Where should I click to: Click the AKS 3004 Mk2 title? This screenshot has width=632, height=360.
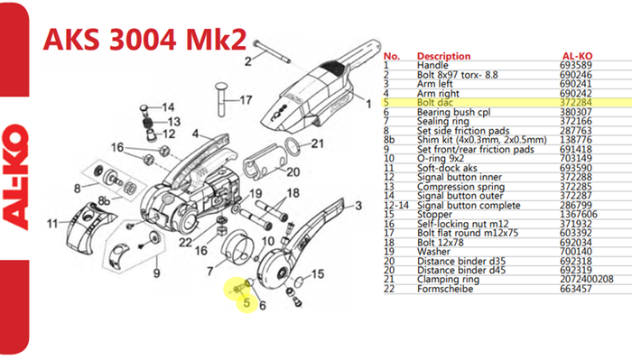pos(144,39)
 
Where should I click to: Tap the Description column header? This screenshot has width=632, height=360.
pos(443,56)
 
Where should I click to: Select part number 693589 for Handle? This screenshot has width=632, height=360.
pos(576,65)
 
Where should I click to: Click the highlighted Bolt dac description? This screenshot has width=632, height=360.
pos(434,103)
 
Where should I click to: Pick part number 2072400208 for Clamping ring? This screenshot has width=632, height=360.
pos(587,280)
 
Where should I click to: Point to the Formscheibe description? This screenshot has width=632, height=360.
pos(445,289)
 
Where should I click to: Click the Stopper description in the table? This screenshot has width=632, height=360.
pos(434,215)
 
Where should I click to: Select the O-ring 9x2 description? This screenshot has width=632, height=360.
pos(441,159)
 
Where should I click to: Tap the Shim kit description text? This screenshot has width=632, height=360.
pos(481,140)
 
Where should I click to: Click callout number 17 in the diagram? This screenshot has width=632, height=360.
pos(246,99)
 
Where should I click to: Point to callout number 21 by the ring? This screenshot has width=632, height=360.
pos(317,143)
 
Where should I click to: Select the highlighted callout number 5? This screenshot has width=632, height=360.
pos(246,302)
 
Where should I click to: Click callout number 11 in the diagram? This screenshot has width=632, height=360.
pos(52,223)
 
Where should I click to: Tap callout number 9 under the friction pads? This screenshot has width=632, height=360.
pos(156,273)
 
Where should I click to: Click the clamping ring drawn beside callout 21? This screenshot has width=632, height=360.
pos(293,147)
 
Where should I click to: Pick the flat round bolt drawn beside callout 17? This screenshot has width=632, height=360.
pos(222,99)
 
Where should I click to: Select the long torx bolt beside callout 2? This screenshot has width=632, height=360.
pos(272,51)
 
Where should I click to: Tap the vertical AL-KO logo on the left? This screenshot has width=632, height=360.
pos(15,177)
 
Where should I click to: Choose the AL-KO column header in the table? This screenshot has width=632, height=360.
pos(577,56)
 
